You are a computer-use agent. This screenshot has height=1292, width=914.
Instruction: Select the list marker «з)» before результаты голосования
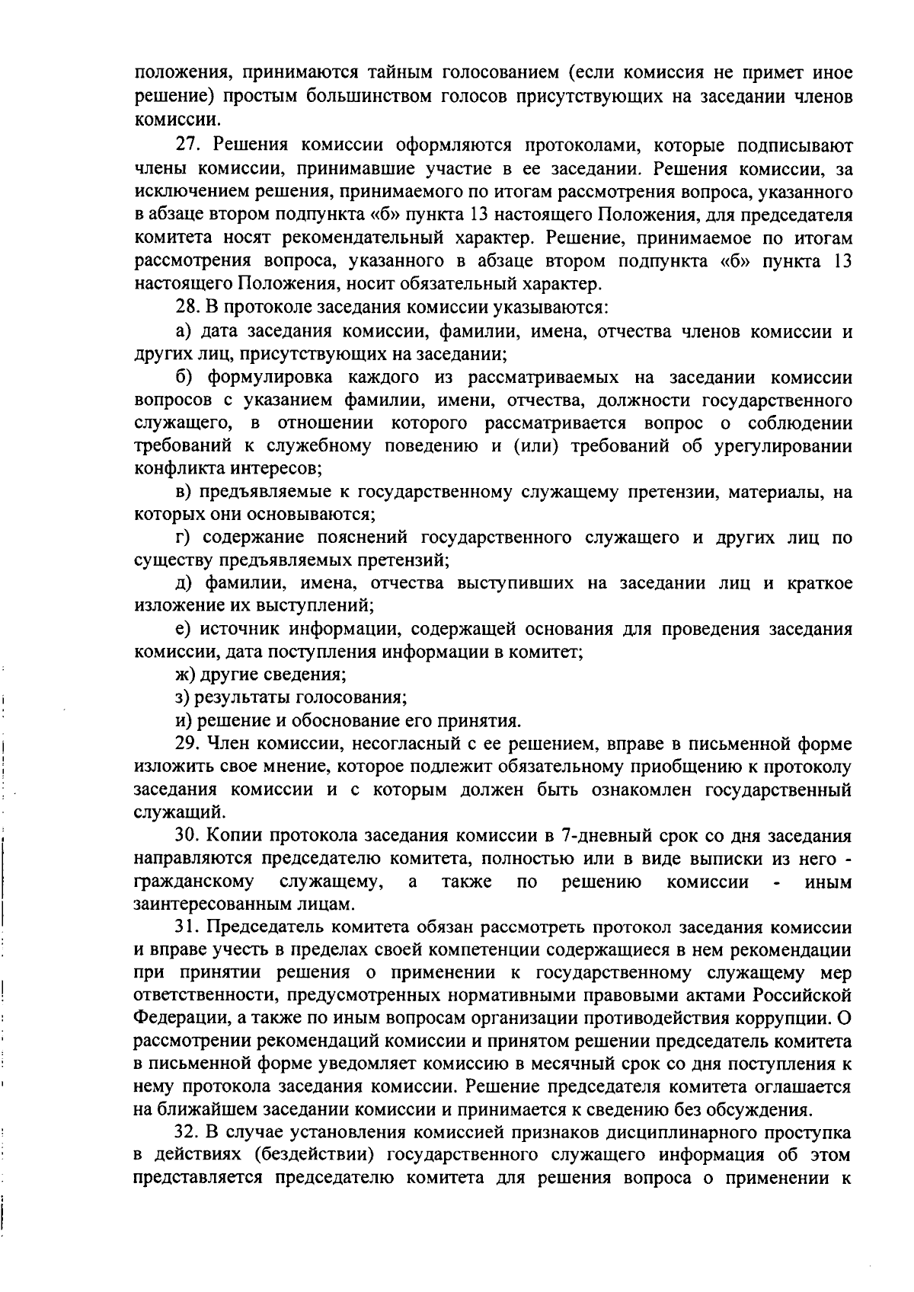(183, 697)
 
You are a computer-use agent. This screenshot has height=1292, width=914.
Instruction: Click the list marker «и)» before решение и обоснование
(183, 719)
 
